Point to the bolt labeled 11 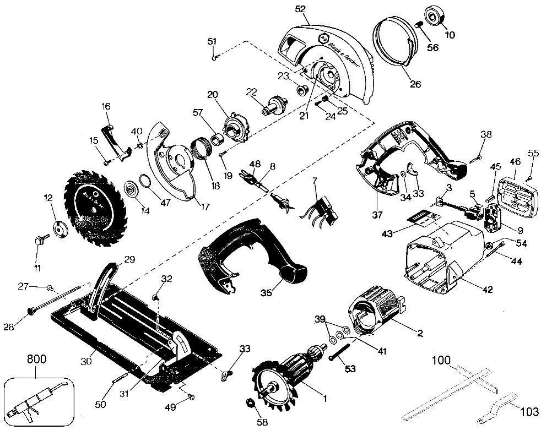(x=40, y=240)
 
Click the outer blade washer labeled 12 (x=59, y=226)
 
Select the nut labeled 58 (x=249, y=405)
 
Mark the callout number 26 (x=415, y=84)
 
